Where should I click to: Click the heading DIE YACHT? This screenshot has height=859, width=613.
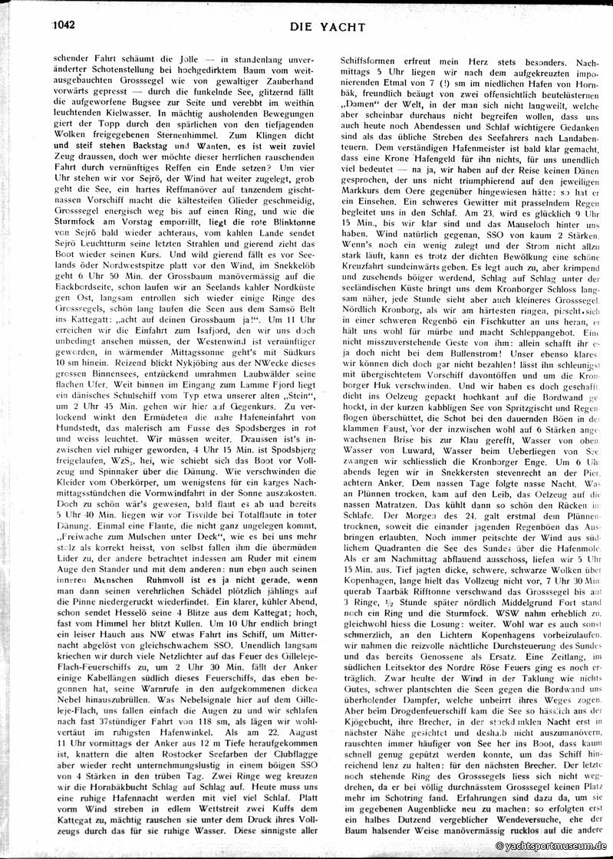click(x=327, y=28)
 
